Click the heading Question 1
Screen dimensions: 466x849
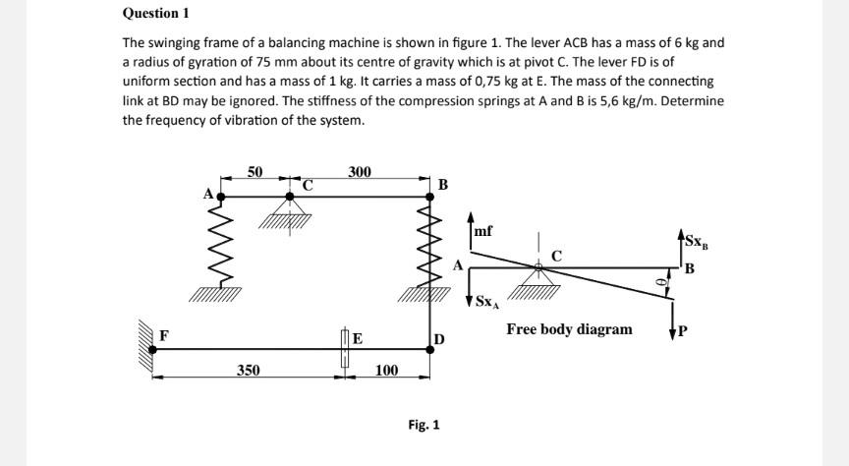tap(155, 14)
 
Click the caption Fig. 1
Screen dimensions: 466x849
tap(424, 425)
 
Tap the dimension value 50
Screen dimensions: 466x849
tap(255, 171)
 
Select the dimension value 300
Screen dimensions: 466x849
tap(360, 172)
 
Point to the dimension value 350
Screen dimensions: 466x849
tap(248, 370)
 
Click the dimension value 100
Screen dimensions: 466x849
tap(387, 370)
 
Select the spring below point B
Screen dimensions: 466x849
tap(428, 245)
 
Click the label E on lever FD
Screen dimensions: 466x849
tap(358, 339)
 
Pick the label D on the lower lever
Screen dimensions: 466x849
tap(438, 340)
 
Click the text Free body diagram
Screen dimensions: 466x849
tap(569, 328)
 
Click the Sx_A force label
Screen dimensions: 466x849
tap(487, 302)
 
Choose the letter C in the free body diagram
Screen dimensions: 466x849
tap(556, 256)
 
